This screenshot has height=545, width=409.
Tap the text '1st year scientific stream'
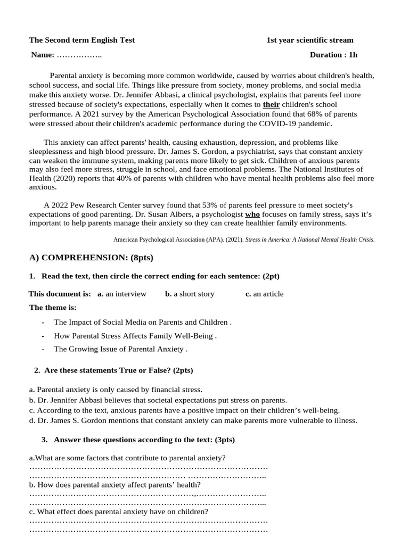[x=310, y=40]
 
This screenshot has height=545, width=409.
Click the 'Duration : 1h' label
[x=334, y=55]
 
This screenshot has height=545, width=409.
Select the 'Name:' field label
[x=43, y=55]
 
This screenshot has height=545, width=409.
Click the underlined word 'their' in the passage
[x=271, y=104]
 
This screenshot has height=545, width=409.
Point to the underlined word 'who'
[x=252, y=214]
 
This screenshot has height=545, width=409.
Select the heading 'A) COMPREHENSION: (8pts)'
[x=91, y=258]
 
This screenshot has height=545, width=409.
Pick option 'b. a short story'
[x=190, y=294]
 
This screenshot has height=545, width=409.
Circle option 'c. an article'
[x=264, y=294]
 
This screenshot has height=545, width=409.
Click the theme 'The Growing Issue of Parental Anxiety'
[x=120, y=349]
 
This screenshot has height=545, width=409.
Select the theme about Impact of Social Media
[x=142, y=322]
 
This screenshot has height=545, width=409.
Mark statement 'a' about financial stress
[x=116, y=390]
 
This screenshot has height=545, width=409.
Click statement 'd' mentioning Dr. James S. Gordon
[x=193, y=420]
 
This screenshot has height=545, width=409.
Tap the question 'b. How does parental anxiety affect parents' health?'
[x=115, y=484]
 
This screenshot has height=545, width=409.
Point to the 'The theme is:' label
[x=53, y=308]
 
